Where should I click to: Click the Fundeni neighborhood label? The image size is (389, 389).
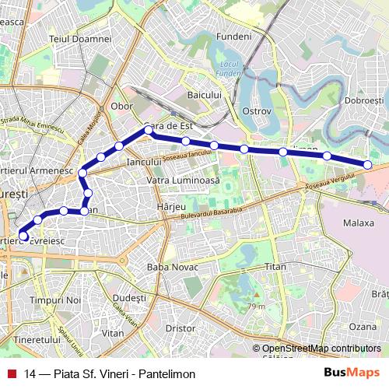click(234, 37)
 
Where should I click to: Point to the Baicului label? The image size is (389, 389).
click(205, 95)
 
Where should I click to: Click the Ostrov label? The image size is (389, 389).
click(256, 111)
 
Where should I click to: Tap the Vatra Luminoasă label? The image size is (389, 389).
click(184, 180)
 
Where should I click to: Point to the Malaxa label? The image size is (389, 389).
click(359, 223)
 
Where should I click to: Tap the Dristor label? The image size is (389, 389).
click(180, 328)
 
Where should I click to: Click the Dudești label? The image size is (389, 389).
click(129, 298)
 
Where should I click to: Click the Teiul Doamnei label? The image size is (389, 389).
click(80, 38)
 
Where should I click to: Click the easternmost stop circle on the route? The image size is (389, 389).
click(368, 163)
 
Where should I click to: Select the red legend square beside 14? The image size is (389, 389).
click(12, 373)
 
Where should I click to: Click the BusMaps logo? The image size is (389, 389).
click(352, 373)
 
